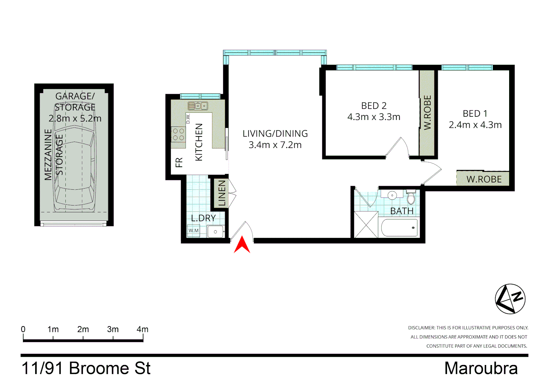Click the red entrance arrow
[242, 245]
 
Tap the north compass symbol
[510, 299]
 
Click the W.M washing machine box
[194, 231]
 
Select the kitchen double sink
[198, 106]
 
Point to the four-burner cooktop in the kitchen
[178, 134]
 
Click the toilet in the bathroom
[411, 197]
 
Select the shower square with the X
[366, 225]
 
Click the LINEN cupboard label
[222, 193]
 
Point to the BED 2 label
[374, 106]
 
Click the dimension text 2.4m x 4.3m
[475, 125]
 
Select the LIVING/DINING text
[275, 134]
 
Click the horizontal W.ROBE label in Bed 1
[484, 179]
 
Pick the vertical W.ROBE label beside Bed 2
[427, 112]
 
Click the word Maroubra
[481, 368]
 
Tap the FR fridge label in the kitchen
[179, 163]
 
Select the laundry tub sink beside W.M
[216, 232]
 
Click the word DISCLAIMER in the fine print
[421, 328]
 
